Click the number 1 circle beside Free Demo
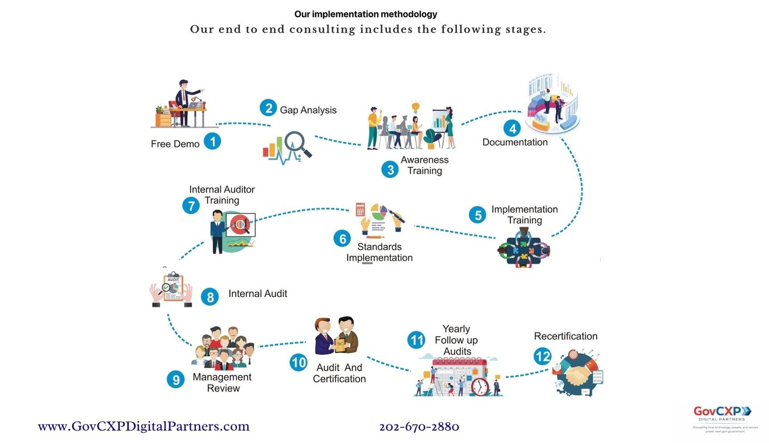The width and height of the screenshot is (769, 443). click(213, 142)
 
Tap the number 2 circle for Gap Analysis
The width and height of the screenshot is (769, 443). click(269, 108)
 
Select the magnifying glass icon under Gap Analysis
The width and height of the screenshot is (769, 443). click(296, 144)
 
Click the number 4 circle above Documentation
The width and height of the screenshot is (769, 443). click(512, 128)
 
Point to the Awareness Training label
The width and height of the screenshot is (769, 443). click(425, 165)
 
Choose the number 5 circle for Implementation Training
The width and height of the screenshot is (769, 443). click(477, 215)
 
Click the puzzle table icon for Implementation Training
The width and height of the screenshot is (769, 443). click(524, 248)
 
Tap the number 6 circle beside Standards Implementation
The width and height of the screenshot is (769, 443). click(342, 238)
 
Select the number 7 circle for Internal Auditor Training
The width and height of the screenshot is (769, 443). click(191, 205)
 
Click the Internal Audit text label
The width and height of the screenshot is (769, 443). click(257, 294)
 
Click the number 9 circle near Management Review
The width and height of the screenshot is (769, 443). click(176, 380)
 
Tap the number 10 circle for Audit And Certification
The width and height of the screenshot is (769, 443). click(299, 363)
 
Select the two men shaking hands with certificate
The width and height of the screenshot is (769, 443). click(336, 336)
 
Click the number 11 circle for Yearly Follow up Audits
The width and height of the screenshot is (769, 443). click(416, 340)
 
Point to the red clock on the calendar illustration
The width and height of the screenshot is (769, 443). click(480, 387)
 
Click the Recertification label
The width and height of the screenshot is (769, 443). click(566, 336)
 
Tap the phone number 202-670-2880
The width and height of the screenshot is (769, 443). click(419, 427)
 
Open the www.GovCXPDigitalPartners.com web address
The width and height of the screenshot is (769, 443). click(144, 426)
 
